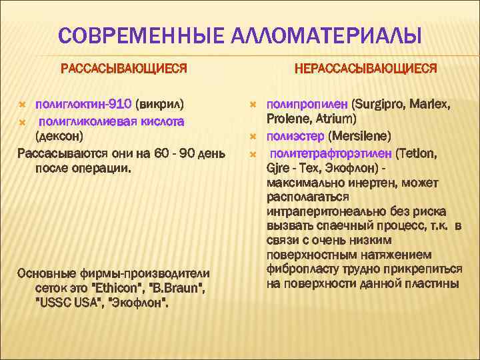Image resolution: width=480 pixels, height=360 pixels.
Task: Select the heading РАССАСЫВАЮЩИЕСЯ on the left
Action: pyautogui.click(x=124, y=68)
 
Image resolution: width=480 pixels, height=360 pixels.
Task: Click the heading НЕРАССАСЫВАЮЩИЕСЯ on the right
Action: pyautogui.click(x=365, y=68)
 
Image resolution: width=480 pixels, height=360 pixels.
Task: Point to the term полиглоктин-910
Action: pyautogui.click(x=83, y=105)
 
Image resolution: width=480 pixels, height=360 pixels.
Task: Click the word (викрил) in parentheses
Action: pyautogui.click(x=160, y=105)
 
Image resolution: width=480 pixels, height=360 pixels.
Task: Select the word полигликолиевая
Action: pyautogui.click(x=89, y=121)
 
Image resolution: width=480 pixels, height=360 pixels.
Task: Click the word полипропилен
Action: pyautogui.click(x=307, y=105)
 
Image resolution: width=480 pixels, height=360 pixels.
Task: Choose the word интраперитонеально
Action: pyautogui.click(x=323, y=213)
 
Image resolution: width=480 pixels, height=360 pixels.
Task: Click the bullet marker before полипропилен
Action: pyautogui.click(x=253, y=105)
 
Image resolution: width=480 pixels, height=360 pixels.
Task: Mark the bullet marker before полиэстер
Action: pyautogui.click(x=253, y=137)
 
